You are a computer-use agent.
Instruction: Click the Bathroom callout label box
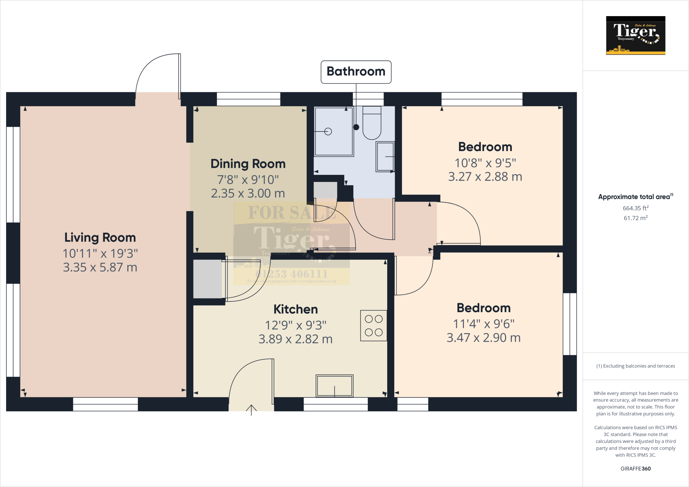[356, 72]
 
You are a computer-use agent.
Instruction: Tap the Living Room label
[100, 237]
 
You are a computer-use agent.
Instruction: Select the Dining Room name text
[248, 164]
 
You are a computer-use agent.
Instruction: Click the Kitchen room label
[295, 309]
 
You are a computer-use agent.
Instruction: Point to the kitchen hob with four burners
[373, 326]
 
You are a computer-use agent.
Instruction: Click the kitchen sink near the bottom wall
[334, 386]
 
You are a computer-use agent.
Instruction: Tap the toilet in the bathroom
[372, 124]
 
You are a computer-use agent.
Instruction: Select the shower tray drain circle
[328, 132]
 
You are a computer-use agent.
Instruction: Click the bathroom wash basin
[385, 157]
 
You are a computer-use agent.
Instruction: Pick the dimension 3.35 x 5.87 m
[100, 267]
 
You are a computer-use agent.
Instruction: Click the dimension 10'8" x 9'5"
[485, 163]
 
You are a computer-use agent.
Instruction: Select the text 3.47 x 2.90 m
[483, 338]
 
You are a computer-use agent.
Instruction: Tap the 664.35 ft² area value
[636, 208]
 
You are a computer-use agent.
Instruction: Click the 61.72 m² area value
[636, 218]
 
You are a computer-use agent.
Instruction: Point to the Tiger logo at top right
[636, 35]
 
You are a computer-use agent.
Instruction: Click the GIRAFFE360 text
[636, 469]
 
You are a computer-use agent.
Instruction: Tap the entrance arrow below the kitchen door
[251, 410]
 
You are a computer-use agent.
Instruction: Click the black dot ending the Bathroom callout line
[356, 127]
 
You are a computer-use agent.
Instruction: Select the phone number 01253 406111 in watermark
[291, 274]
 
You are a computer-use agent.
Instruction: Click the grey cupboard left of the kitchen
[208, 279]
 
